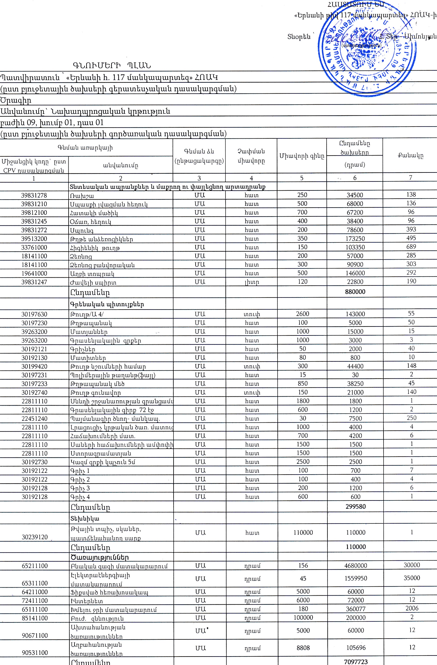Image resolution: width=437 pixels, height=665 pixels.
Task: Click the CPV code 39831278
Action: pyautogui.click(x=34, y=195)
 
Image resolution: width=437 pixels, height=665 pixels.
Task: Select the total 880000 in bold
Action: pyautogui.click(x=355, y=292)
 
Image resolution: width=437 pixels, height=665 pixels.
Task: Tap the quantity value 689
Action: pyautogui.click(x=411, y=247)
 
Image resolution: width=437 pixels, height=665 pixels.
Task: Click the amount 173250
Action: pyautogui.click(x=355, y=239)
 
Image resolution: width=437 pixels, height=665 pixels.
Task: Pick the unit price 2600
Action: pyautogui.click(x=302, y=314)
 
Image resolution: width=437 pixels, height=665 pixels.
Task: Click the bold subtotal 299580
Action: pyautogui.click(x=355, y=506)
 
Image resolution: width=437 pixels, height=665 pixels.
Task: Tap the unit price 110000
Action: pyautogui.click(x=303, y=533)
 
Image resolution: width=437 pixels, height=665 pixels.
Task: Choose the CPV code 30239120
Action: pyautogui.click(x=35, y=537)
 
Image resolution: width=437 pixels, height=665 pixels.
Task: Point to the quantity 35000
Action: pyautogui.click(x=412, y=578)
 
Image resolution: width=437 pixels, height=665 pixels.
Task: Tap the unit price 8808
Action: pyautogui.click(x=303, y=647)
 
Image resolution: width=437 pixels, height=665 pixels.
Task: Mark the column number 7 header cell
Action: pyautogui.click(x=411, y=177)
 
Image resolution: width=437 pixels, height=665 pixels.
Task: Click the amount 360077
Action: pyautogui.click(x=355, y=609)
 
